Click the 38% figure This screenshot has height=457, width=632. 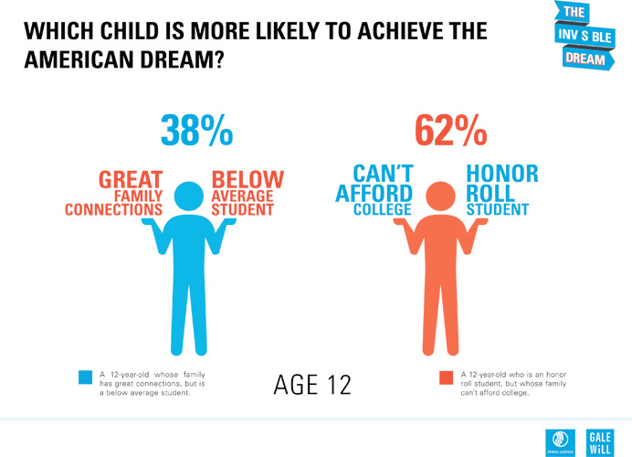[196, 132]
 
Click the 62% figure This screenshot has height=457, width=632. [450, 132]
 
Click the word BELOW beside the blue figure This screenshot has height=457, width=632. [248, 179]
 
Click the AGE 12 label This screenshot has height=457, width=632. [312, 385]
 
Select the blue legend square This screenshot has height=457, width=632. [85, 377]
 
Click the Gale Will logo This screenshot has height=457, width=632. [600, 439]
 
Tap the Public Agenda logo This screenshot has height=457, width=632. [558, 440]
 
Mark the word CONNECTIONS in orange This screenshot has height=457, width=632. [114, 209]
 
